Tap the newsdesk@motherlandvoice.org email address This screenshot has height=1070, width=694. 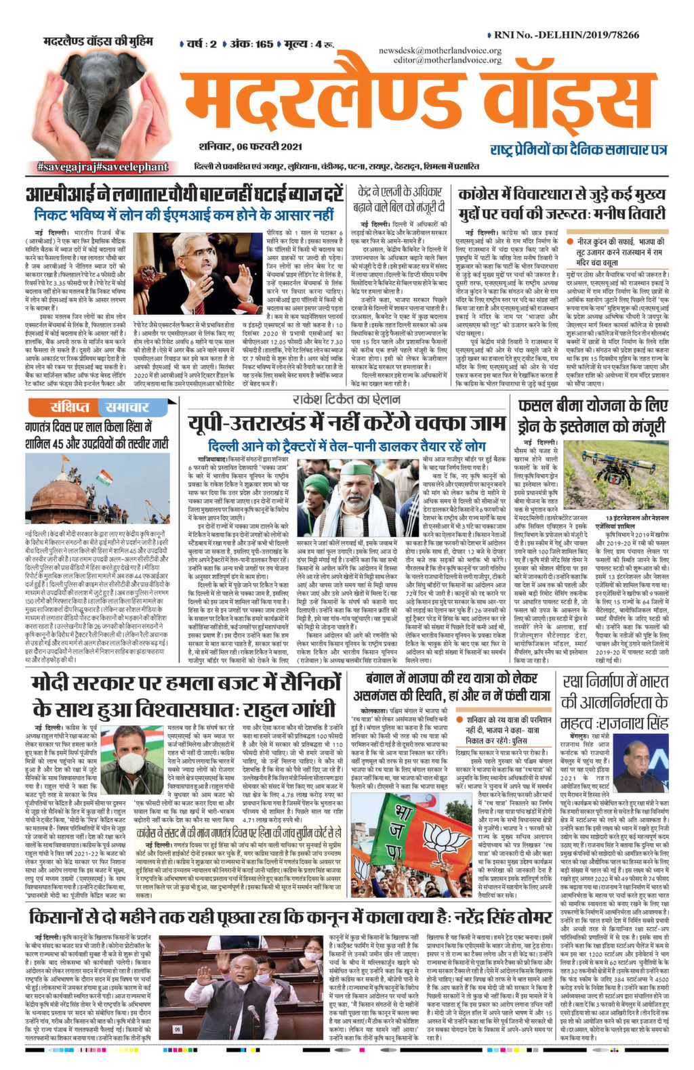440,51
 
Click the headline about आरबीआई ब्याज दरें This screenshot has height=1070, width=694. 184,196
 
